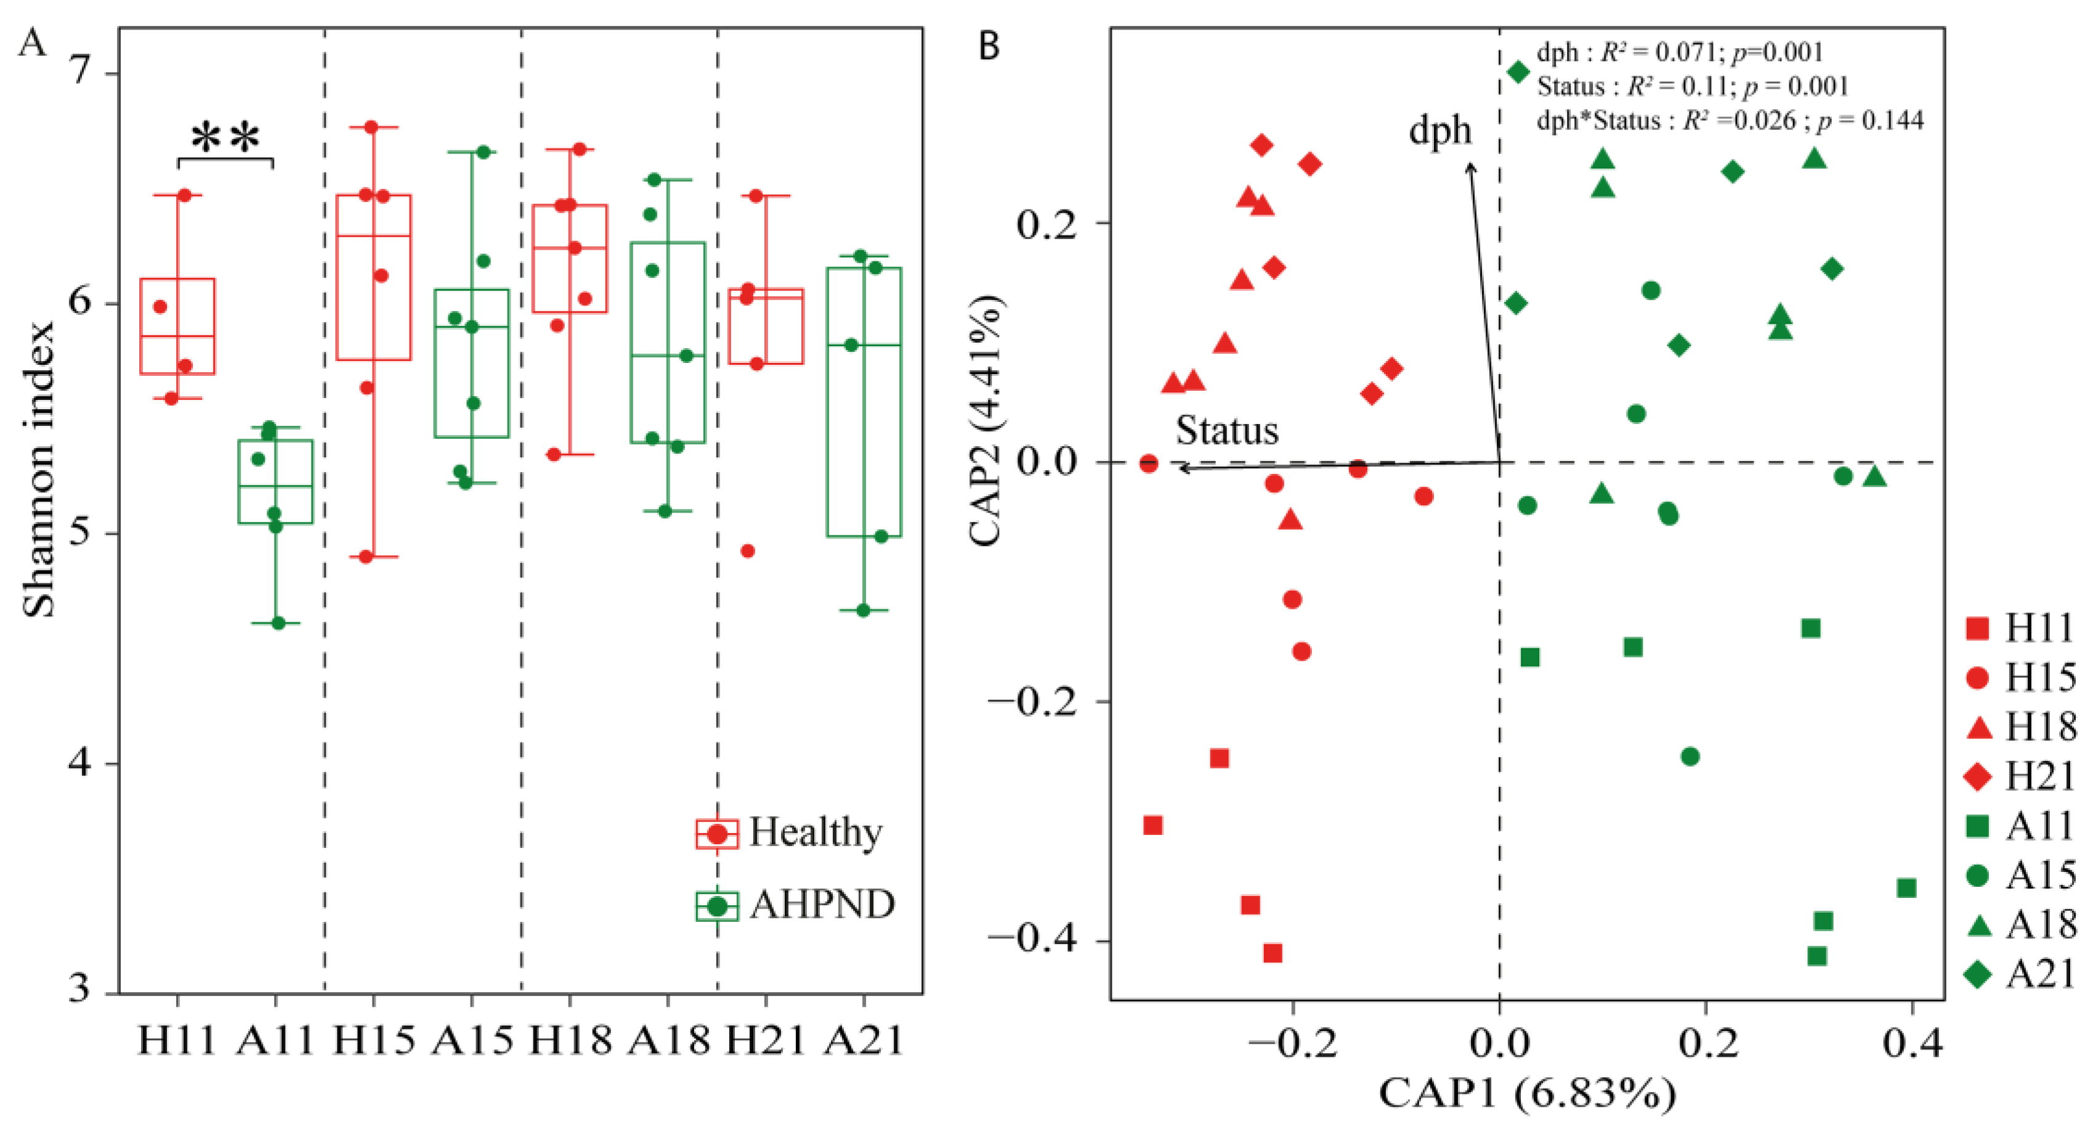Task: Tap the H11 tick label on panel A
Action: pos(176,1041)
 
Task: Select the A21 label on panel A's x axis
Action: pos(863,1041)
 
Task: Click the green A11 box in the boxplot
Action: pos(275,481)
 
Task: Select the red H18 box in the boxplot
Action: pos(570,258)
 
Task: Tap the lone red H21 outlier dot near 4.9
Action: pos(748,551)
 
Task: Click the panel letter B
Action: pos(989,46)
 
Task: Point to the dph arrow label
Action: pos(1439,130)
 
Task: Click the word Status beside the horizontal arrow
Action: pos(1227,430)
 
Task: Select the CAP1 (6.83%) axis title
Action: pos(1527,1093)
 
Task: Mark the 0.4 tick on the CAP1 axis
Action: pos(1912,1043)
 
